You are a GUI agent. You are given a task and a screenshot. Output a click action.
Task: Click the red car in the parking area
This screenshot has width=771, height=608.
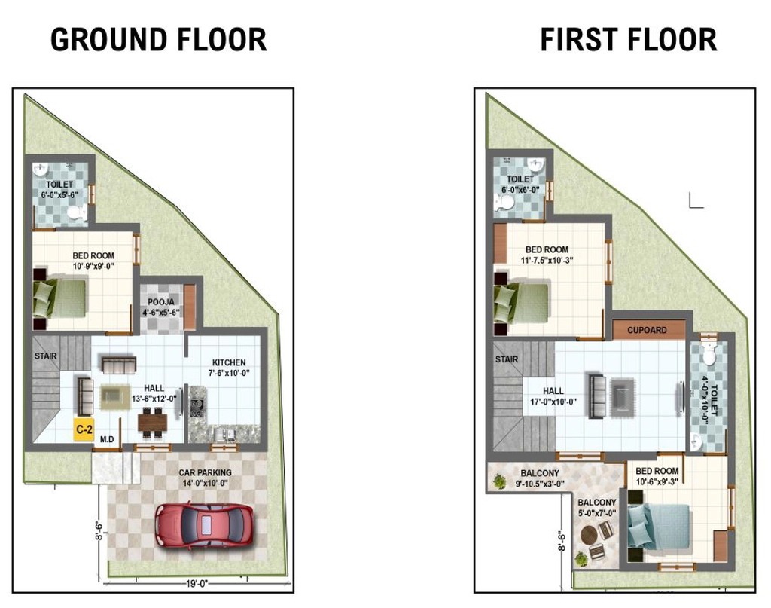point(205,525)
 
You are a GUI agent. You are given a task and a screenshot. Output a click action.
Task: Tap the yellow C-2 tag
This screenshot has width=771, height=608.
point(84,429)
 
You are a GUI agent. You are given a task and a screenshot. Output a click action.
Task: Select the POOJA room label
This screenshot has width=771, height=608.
point(161,301)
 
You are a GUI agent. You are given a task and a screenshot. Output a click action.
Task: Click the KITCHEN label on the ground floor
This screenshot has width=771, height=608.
point(229,362)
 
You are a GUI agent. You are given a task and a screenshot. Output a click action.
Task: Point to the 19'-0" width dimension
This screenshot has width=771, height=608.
point(197,584)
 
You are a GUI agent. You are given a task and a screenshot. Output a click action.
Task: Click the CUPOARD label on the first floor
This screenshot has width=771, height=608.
point(647,330)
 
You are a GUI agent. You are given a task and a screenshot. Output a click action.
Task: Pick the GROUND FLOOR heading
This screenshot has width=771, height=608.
point(158,40)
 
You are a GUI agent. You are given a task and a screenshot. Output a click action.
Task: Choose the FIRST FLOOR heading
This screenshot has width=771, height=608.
point(629,40)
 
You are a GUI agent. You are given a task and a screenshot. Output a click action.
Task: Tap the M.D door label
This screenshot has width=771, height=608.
point(107,439)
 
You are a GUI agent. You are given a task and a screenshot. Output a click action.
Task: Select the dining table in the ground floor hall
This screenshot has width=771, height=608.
point(152,422)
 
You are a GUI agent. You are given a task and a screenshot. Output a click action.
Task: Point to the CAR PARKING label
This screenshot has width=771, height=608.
point(205,472)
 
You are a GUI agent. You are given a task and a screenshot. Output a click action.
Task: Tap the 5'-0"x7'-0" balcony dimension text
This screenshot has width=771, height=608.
point(597,514)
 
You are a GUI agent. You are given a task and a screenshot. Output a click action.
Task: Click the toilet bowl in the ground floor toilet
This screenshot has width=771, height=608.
point(75,213)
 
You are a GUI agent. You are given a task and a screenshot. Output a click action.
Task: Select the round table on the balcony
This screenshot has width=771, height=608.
point(588,534)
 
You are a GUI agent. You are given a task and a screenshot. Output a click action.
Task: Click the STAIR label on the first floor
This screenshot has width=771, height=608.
point(507,359)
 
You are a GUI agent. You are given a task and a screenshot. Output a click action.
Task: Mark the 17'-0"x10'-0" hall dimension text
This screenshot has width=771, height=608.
point(553,402)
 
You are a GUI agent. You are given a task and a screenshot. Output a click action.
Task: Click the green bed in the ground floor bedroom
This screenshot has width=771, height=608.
point(60,298)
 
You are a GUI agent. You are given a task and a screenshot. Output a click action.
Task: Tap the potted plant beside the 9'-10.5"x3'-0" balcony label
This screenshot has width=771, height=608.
point(500,481)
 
